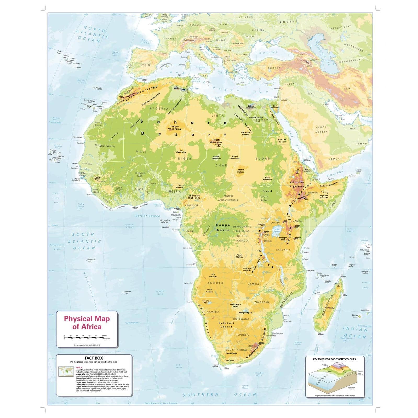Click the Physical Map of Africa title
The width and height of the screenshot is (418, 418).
[x=87, y=323]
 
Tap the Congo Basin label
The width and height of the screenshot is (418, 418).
[x=223, y=227]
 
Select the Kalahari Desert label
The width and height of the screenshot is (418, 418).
[x=226, y=325]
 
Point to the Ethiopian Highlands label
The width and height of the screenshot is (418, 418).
[x=297, y=184]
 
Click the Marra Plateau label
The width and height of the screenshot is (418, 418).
[x=241, y=171]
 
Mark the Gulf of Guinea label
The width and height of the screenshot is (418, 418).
[x=147, y=216]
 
